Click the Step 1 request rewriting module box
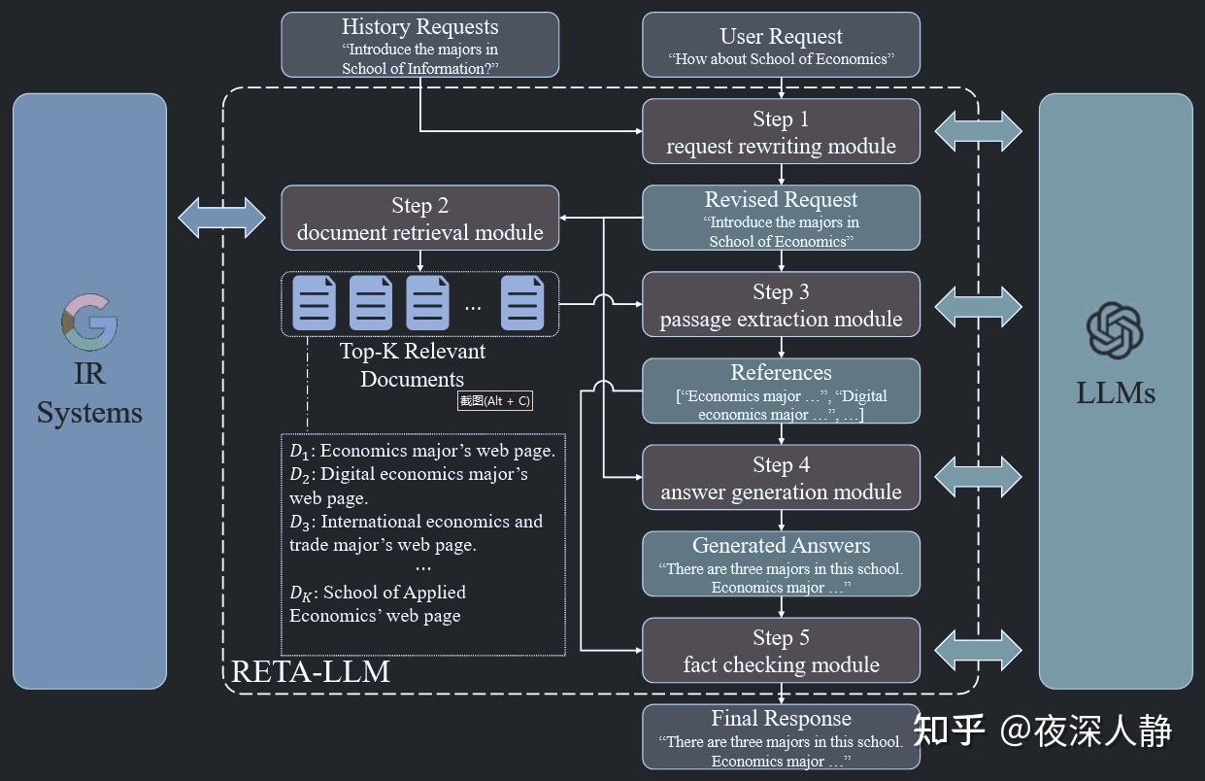781,131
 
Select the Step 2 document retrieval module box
419,218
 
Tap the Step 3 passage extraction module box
781,304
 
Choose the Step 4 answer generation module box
781,477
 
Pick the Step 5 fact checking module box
781,650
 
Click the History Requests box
419,45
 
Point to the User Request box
781,45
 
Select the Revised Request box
781,218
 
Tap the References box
781,390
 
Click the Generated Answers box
781,563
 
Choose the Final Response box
781,737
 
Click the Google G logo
89,324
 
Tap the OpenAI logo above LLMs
1115,331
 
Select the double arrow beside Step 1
978,131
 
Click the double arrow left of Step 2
222,218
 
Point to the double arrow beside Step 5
978,650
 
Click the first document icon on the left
314,303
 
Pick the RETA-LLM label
310,671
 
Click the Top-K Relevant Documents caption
412,365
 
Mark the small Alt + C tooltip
495,400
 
